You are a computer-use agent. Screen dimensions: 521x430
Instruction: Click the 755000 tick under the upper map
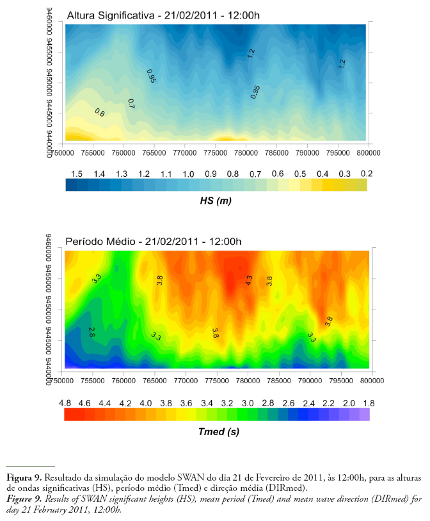(x=93, y=153)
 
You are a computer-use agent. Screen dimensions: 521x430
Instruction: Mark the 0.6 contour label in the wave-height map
(x=100, y=113)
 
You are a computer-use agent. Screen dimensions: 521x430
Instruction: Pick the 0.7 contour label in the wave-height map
(x=131, y=103)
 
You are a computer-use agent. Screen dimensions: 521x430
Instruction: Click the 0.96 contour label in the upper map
(x=152, y=76)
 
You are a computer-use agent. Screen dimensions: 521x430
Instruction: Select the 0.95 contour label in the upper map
(x=255, y=92)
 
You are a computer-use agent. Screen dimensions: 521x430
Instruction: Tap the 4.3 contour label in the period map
(x=250, y=280)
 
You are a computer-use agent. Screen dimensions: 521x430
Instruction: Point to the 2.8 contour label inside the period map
(x=92, y=331)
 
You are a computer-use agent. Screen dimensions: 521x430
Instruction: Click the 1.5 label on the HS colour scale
(x=77, y=174)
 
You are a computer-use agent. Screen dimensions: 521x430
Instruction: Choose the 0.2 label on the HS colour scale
(x=367, y=174)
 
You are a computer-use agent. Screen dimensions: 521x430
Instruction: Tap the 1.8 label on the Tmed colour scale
(x=369, y=403)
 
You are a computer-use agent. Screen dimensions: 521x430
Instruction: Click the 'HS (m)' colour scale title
(x=216, y=201)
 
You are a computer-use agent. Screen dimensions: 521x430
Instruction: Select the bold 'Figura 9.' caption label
(x=24, y=478)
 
